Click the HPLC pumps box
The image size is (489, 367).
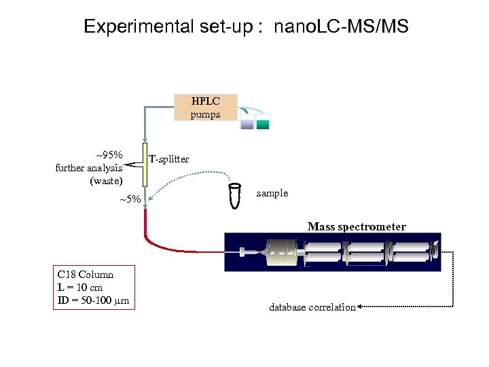205,107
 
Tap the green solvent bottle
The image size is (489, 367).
263,122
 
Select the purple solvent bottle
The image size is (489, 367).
247,122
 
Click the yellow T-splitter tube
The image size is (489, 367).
145,164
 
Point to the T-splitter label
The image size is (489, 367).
168,159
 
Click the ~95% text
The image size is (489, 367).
108,154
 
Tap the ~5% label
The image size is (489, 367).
130,199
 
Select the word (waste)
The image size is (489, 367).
106,181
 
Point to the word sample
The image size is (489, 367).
272,193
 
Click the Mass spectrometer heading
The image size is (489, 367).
357,226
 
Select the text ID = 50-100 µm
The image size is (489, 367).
94,300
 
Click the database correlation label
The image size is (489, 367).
312,307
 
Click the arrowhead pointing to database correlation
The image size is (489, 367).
360,307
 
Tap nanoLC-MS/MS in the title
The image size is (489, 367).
342,27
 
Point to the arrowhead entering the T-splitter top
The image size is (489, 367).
145,138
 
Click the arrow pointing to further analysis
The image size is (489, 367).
129,161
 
